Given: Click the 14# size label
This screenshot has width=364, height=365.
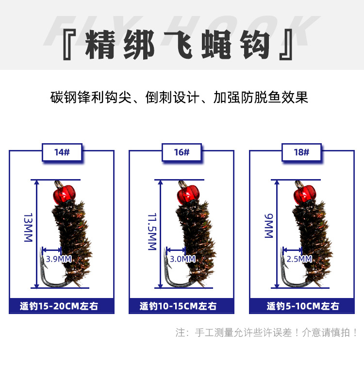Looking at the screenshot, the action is pos(62,152).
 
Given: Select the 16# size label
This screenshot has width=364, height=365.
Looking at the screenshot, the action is pos(182,152).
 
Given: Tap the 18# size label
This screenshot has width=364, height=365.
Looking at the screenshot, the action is pos(301,152).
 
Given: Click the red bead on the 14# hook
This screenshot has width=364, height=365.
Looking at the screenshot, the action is pos(64,194).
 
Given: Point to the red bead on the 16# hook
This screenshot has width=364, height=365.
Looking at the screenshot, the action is pos(188,194).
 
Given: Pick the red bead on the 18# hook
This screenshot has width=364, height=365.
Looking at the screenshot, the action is pos(305,194).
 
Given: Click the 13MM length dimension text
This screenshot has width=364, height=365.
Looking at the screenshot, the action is pos(28,228).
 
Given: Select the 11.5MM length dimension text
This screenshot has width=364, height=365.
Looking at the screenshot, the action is pos(152,232).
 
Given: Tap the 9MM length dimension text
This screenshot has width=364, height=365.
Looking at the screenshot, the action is pos(268,226).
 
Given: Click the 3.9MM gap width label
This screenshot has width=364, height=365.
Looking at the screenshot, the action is pos(59,259).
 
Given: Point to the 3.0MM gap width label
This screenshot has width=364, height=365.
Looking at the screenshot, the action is pos(182,259).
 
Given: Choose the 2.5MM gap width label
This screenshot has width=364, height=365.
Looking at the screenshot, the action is pos(299,259).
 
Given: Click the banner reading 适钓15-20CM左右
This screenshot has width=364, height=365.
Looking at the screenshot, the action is pos(62,306).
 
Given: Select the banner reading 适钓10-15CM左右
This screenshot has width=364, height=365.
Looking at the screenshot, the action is pos(182,306).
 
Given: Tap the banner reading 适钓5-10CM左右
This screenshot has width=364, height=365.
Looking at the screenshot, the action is pos(302,306).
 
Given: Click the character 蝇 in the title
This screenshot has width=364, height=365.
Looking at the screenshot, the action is pos(216,45).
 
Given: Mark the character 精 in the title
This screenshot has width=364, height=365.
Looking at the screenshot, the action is pos(100,45).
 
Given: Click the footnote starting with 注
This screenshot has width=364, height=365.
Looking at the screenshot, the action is pos(266,332).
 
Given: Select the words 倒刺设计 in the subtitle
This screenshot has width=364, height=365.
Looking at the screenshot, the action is pos(172,97).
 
